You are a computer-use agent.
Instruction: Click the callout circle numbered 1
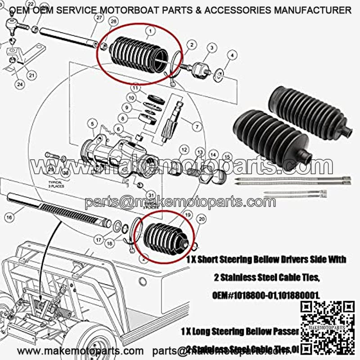(x=149, y=31)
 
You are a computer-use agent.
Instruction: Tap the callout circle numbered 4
(x=232, y=55)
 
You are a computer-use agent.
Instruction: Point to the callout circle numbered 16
(x=9, y=217)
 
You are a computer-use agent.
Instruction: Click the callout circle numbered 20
(x=202, y=219)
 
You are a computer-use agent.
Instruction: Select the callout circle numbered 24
(x=20, y=83)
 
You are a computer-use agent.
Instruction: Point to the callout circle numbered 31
(x=150, y=195)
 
